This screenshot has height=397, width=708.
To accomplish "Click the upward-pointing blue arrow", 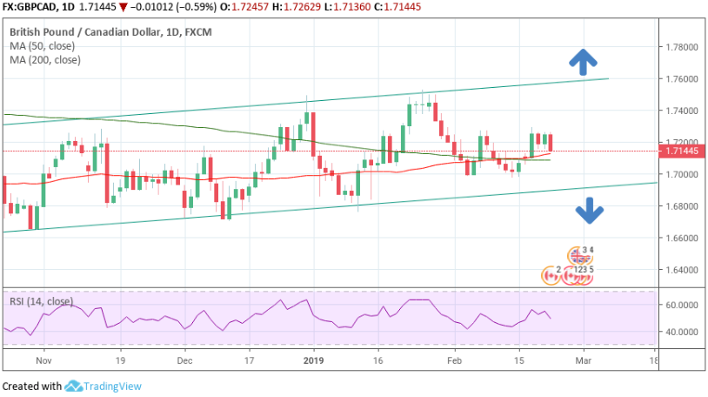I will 583,60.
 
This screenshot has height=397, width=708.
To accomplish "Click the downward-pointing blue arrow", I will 589,210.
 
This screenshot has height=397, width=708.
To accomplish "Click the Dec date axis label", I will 184,359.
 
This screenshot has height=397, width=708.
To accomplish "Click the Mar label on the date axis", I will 584,359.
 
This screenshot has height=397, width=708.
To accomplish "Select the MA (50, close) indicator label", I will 45,46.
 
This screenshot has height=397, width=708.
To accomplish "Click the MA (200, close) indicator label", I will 48,60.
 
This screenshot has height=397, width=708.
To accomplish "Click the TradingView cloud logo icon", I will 73,386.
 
